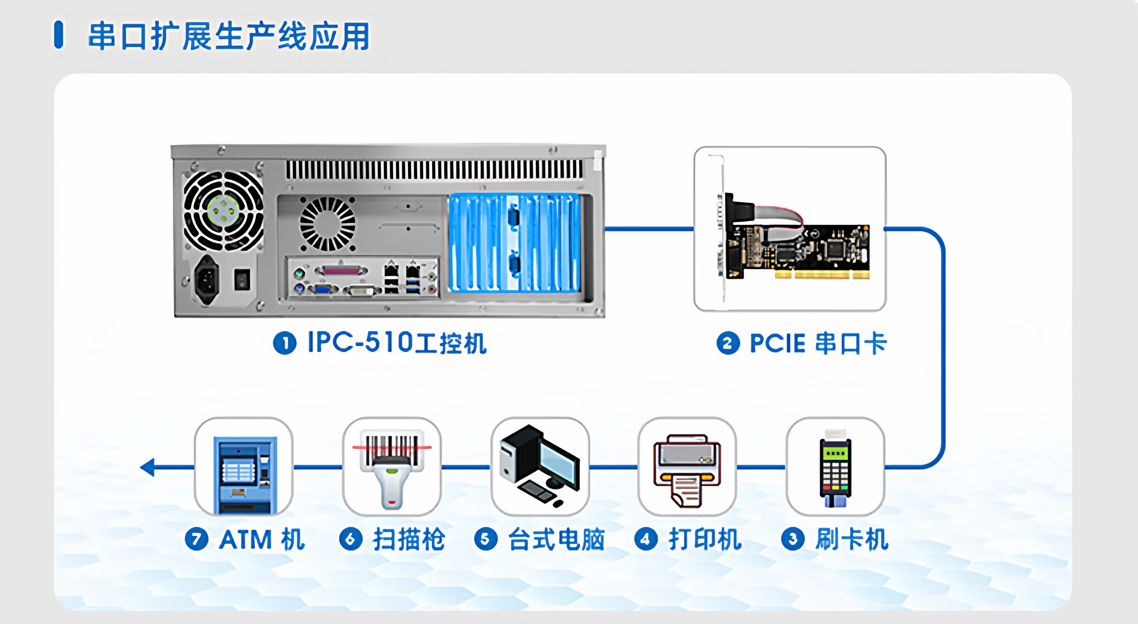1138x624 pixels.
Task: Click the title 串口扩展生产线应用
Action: point(229,36)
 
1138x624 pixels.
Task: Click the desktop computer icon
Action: point(540,466)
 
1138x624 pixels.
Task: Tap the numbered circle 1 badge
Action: point(284,343)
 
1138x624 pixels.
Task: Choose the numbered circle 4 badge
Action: point(646,539)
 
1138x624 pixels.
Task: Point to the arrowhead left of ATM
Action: point(148,467)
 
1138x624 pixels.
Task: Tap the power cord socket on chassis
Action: point(207,279)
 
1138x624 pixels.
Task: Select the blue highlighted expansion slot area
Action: point(514,243)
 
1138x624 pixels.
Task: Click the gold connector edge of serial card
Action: point(822,275)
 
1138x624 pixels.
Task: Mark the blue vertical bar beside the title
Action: point(58,35)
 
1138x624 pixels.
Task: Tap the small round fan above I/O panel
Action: point(327,224)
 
